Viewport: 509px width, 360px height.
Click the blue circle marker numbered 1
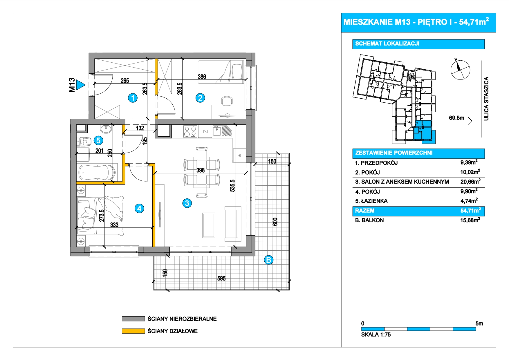click(x=133, y=98)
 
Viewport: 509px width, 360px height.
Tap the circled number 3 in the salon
click(x=187, y=203)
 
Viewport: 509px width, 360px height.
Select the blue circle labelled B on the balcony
click(x=269, y=260)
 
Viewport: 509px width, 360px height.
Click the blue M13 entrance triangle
click(x=81, y=85)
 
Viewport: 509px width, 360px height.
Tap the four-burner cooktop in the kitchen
click(x=190, y=131)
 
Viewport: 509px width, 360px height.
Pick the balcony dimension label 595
click(x=221, y=278)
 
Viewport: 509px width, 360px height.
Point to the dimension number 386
click(x=202, y=77)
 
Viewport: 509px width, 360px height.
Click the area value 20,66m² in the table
click(x=470, y=182)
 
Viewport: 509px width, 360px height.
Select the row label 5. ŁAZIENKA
click(x=371, y=201)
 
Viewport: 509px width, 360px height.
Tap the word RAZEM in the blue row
click(x=365, y=211)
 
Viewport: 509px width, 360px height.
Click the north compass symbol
click(x=460, y=70)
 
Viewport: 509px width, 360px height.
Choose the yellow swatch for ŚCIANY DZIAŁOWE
click(x=133, y=331)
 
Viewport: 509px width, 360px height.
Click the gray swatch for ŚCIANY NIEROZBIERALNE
click(x=133, y=319)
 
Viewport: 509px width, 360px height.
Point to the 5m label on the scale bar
click(x=479, y=323)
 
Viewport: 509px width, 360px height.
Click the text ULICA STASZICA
click(x=486, y=99)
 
